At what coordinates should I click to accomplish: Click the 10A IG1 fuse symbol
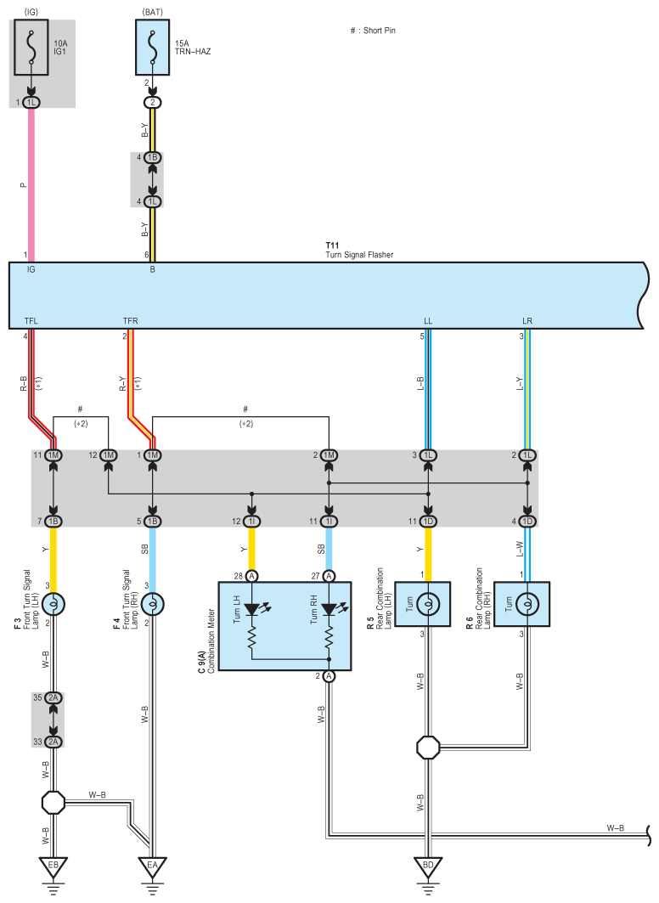tap(31, 48)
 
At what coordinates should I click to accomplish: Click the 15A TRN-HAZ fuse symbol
tap(153, 48)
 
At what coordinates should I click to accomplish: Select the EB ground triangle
tap(53, 866)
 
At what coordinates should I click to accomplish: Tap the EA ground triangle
tap(153, 866)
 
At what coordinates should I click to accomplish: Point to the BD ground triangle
tap(428, 866)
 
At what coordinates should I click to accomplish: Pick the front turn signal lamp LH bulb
tap(53, 604)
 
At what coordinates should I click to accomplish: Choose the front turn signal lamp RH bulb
tap(153, 604)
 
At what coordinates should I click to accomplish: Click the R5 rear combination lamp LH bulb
tap(428, 604)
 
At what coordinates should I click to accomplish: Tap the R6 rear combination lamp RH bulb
tap(527, 604)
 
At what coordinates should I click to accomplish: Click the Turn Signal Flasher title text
tap(359, 255)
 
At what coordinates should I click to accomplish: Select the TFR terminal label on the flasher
tap(130, 321)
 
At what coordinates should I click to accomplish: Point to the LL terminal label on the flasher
tap(428, 321)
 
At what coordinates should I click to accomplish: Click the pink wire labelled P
tap(31, 185)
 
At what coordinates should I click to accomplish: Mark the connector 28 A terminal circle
tap(251, 576)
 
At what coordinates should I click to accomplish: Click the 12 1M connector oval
tap(108, 455)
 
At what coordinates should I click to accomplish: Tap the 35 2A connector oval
tap(53, 698)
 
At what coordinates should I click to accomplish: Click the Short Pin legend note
tap(373, 31)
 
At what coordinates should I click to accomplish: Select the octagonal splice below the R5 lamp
tap(428, 748)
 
